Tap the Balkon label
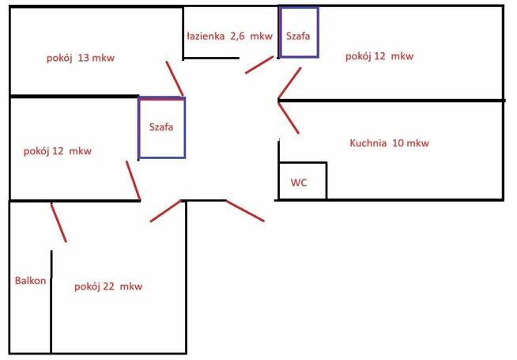[x=30, y=281]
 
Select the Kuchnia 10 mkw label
[x=389, y=143]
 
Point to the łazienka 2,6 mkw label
[x=229, y=36]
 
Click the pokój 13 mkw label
[x=81, y=58]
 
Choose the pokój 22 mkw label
[x=108, y=286]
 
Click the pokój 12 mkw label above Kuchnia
[x=379, y=56]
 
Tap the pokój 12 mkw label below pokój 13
[x=58, y=151]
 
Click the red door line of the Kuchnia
[x=289, y=118]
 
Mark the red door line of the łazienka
[x=259, y=65]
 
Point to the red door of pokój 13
[x=175, y=78]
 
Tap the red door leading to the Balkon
[x=58, y=223]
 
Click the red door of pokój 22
[x=165, y=210]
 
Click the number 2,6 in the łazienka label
[x=237, y=36]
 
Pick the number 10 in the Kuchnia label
[x=398, y=143]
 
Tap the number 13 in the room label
[x=84, y=58]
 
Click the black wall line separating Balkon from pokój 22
[x=51, y=302]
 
